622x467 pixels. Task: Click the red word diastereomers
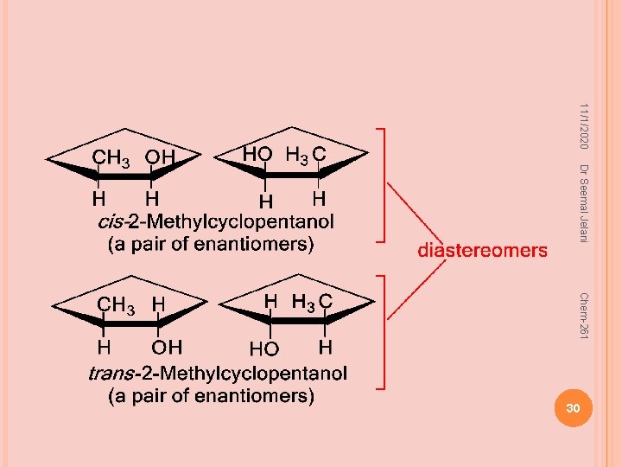coord(482,251)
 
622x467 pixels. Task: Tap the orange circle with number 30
coord(574,408)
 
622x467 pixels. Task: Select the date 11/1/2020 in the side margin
coord(583,126)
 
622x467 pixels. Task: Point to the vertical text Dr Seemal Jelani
coord(583,203)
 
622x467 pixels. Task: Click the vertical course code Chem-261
coord(583,316)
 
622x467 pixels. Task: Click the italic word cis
coord(111,221)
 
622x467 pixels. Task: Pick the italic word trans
coord(111,374)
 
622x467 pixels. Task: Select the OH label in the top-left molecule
coord(160,157)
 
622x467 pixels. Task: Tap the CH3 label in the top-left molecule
coord(111,158)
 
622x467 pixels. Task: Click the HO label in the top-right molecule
coord(257,154)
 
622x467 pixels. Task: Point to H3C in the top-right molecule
coord(306,155)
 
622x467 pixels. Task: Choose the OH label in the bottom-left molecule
coord(167,348)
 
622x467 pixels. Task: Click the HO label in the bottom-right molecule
coord(264,349)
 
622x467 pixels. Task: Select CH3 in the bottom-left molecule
coord(116,306)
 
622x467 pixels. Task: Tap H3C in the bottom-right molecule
coord(312,303)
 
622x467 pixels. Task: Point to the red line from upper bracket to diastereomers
coord(415,214)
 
